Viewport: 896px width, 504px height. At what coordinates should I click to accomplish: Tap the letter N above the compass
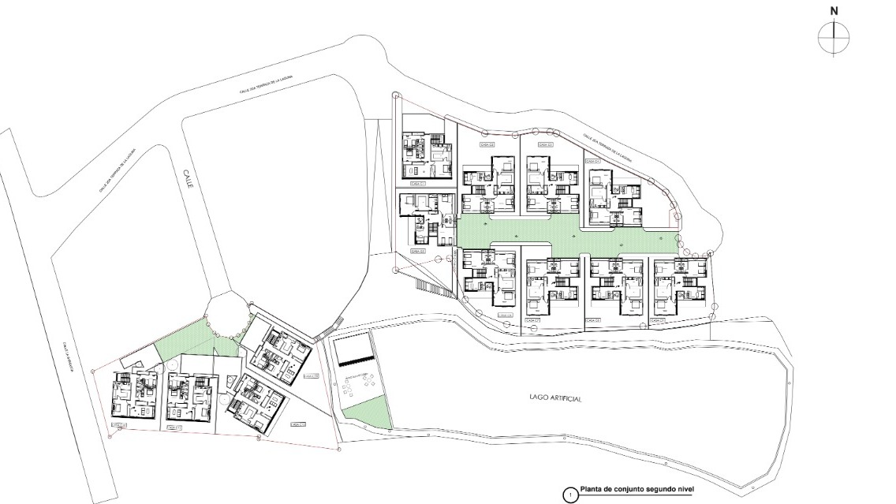click(x=834, y=10)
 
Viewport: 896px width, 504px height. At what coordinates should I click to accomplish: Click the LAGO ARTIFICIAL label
click(x=556, y=399)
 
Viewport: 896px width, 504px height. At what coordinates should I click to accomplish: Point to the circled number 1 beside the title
click(x=569, y=495)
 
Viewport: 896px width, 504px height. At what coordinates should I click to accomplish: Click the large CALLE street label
click(x=188, y=175)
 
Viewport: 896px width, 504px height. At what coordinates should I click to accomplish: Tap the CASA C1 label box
click(x=418, y=184)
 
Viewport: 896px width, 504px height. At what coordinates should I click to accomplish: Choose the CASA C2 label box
click(x=418, y=250)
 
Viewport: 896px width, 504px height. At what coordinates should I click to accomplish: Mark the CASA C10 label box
click(x=297, y=424)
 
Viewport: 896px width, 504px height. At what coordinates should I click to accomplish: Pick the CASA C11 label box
click(x=176, y=427)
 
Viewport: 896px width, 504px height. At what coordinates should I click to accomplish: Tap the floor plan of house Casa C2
click(x=427, y=221)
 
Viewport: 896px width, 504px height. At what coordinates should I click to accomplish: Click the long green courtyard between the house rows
click(x=552, y=233)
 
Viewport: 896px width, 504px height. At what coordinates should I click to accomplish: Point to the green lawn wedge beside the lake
click(x=366, y=411)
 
